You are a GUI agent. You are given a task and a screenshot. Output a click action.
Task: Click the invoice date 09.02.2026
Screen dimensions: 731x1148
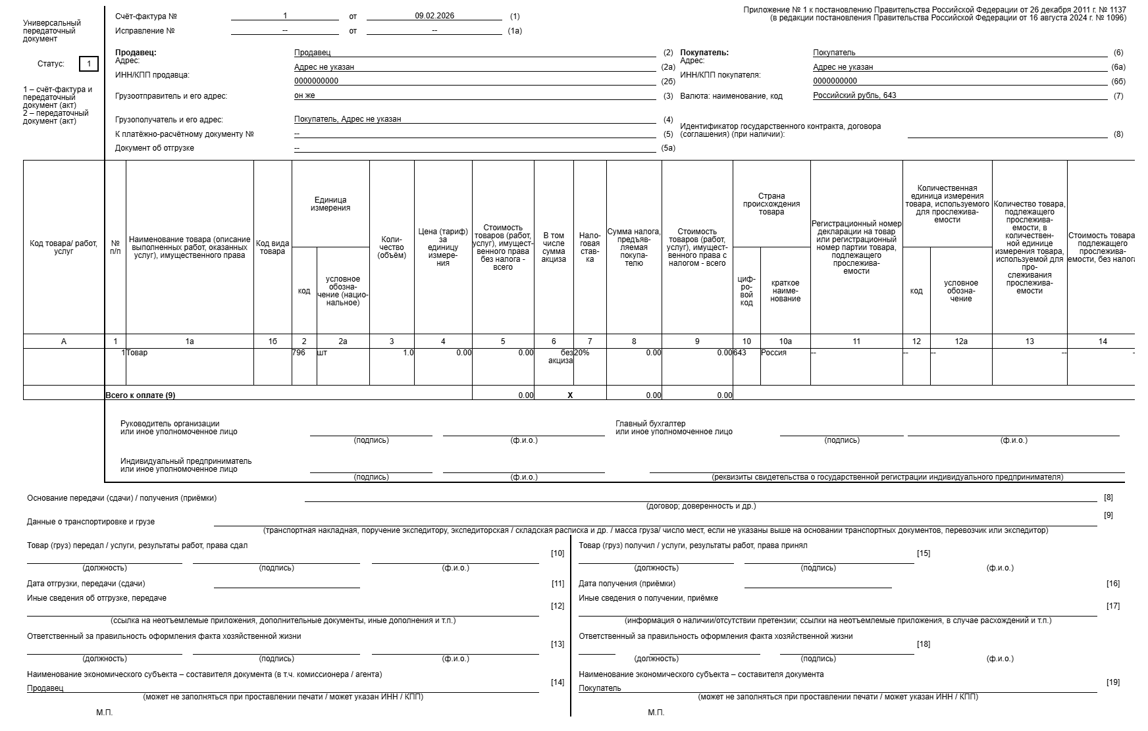(x=434, y=16)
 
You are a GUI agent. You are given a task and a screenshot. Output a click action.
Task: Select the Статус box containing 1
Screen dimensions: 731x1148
(x=89, y=64)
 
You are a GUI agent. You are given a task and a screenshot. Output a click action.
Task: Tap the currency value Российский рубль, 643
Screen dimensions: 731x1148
(x=854, y=95)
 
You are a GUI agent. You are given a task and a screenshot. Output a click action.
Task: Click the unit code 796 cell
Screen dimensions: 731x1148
(x=300, y=353)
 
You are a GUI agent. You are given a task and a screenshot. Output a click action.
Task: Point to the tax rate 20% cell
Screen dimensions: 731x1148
(x=582, y=353)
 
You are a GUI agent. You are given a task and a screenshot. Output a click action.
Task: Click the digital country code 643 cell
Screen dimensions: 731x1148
(x=740, y=353)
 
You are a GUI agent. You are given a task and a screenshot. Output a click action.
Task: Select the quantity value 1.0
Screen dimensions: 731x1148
(x=408, y=353)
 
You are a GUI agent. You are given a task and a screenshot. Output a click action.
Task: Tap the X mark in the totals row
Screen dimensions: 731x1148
(x=570, y=395)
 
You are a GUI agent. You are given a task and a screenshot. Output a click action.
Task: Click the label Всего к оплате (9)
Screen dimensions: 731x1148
(x=140, y=395)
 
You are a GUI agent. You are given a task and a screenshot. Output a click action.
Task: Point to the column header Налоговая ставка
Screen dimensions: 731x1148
(x=590, y=247)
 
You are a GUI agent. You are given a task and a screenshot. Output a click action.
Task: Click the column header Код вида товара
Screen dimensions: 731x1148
(x=273, y=247)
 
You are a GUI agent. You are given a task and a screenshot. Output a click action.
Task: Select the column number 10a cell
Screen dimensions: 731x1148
(x=785, y=341)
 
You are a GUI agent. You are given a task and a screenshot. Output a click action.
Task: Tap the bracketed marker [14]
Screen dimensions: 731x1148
(x=558, y=682)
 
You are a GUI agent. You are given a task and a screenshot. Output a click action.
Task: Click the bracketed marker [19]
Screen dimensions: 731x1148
(x=1113, y=682)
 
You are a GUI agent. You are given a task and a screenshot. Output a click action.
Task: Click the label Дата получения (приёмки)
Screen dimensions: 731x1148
(x=627, y=584)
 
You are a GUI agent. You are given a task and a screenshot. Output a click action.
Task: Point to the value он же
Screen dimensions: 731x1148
(x=305, y=95)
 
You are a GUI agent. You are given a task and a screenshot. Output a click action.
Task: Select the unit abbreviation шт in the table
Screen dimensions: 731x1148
(x=322, y=353)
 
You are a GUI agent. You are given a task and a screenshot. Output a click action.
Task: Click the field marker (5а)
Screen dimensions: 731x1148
(x=668, y=148)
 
